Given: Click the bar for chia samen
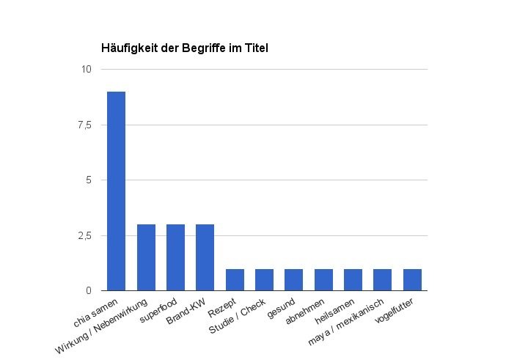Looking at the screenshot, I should tap(116, 191).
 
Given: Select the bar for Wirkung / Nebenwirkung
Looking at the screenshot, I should tap(146, 257).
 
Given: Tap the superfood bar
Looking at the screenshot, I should tap(175, 257).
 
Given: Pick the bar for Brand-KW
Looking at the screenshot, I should tap(205, 257).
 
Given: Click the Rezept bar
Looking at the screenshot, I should tap(235, 279).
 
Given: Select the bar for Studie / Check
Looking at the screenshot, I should tap(264, 279).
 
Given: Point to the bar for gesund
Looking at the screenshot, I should tap(293, 279).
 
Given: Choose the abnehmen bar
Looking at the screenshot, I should tap(323, 279).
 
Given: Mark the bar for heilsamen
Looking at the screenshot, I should tap(353, 279).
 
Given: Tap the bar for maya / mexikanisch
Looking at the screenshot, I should tap(383, 279).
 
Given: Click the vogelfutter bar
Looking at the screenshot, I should tap(412, 279).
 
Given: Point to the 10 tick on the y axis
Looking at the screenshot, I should tap(87, 70).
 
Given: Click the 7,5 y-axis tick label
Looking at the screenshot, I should tap(84, 125).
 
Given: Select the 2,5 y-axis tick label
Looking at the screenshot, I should tap(84, 235).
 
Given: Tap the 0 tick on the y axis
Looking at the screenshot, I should tap(89, 291).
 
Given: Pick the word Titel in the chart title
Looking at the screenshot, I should tap(257, 48).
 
